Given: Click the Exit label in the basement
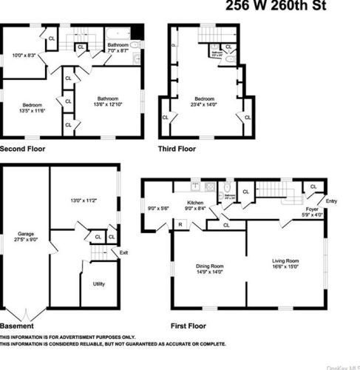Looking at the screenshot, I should [123, 253].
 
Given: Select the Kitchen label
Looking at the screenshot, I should [195, 203].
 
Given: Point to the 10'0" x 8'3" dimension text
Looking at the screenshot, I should [24, 55].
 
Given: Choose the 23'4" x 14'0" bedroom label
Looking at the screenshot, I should [205, 103].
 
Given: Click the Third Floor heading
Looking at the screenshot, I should [177, 149].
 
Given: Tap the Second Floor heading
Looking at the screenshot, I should [22, 149].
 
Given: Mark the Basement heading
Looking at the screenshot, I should [16, 326].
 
